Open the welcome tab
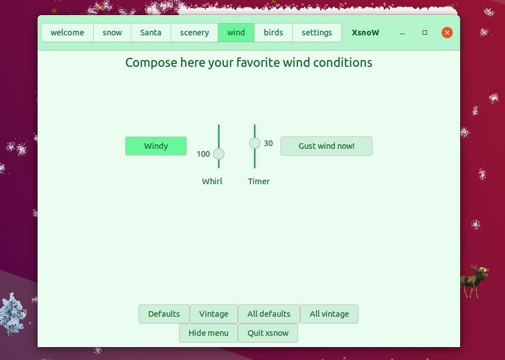coord(67,33)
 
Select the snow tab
coord(112,33)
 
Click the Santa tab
coord(150,33)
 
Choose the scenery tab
coord(194,33)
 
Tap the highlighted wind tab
coord(236,33)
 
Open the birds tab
coord(273,33)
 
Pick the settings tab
coord(316,33)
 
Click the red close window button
coord(447,33)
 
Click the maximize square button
coord(425,33)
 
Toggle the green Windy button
coord(156,146)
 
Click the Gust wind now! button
coord(326,146)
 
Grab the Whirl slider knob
coord(219,154)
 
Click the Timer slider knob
coord(255,143)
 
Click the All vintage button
coord(329,314)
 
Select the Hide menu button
coord(208,333)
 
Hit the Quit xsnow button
coord(268,333)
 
